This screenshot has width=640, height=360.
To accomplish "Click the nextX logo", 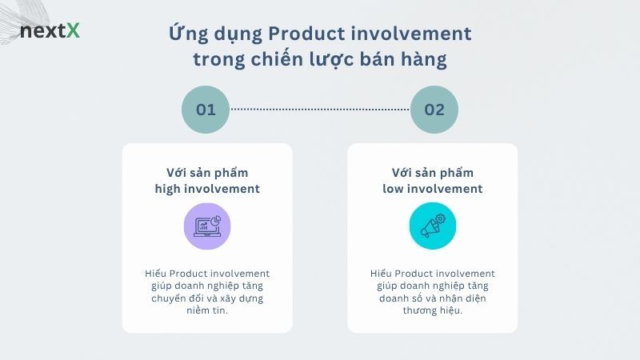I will point(50,32).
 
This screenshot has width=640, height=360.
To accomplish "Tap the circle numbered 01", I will point(206,109).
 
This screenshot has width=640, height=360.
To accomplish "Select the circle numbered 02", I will point(434,109).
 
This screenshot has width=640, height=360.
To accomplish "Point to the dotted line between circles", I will point(320,109).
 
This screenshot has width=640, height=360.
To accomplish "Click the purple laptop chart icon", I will point(206,226).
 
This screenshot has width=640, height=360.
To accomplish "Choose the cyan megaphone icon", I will point(432,226).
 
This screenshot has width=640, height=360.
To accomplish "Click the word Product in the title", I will point(303,34).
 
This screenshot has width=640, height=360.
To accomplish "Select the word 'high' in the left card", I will point(170,189).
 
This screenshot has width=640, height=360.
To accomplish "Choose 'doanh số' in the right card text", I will point(400,298).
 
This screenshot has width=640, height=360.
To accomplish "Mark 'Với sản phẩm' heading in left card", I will point(207,173).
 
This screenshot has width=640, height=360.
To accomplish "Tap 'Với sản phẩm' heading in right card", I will point(432,173).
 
